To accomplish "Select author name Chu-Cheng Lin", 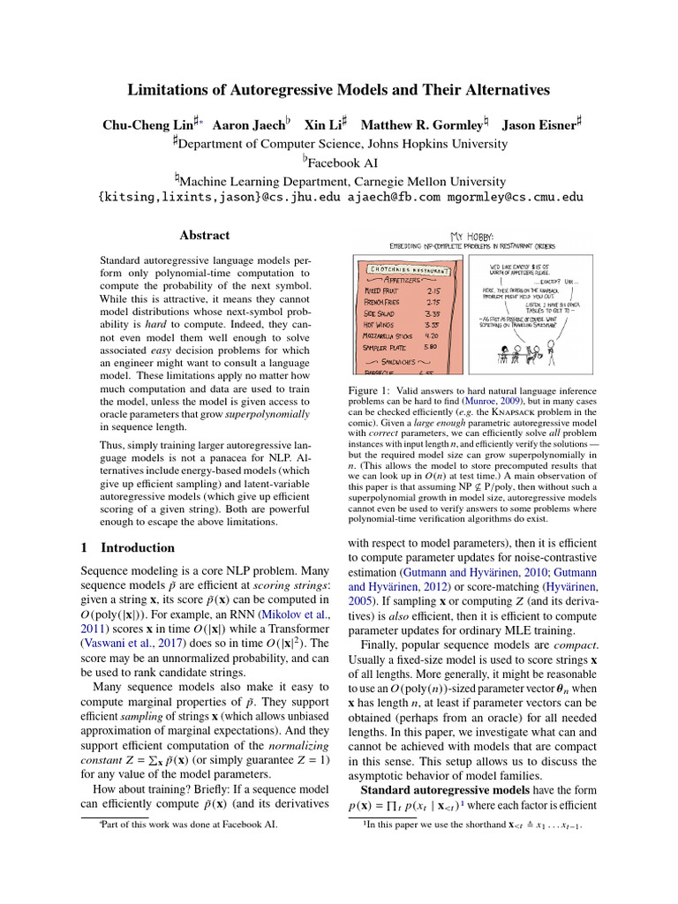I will pos(143,125).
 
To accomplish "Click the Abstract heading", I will pos(204,236).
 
